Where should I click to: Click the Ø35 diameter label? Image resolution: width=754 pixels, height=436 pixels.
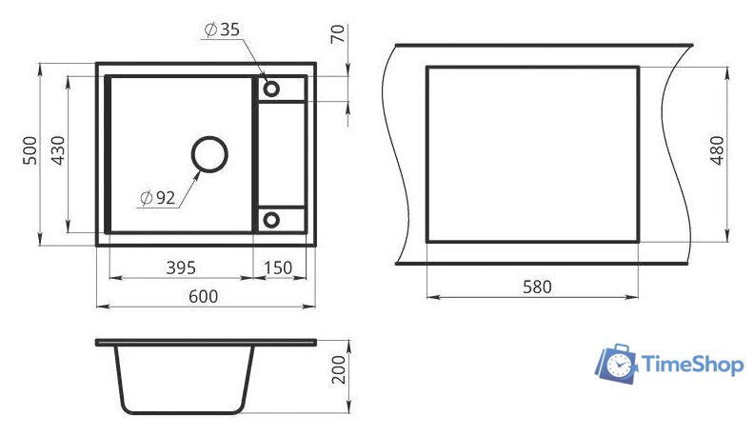pyautogui.click(x=222, y=30)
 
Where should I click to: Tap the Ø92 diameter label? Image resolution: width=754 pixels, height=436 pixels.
pyautogui.click(x=158, y=197)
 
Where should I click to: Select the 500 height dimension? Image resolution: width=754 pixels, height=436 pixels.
pyautogui.click(x=30, y=150)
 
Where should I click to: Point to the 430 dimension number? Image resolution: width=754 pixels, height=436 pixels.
pyautogui.click(x=58, y=150)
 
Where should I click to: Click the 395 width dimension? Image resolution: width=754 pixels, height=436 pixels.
pyautogui.click(x=181, y=268)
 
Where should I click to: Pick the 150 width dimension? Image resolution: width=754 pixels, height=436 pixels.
pyautogui.click(x=278, y=268)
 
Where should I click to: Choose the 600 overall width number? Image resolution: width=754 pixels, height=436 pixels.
pyautogui.click(x=203, y=297)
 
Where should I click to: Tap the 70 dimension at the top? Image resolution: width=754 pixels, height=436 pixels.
pyautogui.click(x=338, y=33)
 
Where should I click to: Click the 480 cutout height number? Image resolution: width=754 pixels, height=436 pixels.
pyautogui.click(x=717, y=150)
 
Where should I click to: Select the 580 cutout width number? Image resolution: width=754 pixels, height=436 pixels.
pyautogui.click(x=537, y=287)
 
